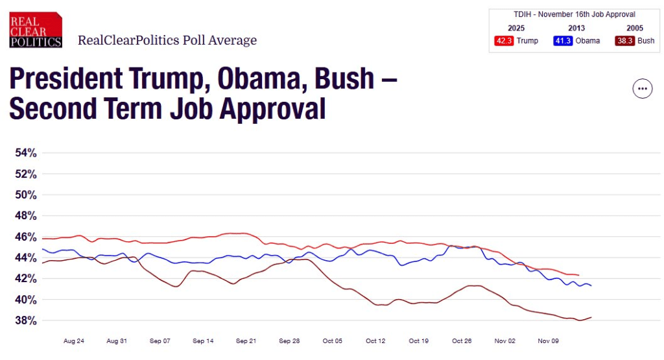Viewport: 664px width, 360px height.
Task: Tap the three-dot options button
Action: click(642, 89)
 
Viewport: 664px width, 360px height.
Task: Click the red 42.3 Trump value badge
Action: click(503, 41)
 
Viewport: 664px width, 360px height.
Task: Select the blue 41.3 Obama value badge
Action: click(563, 41)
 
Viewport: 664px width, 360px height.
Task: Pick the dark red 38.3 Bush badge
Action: click(625, 41)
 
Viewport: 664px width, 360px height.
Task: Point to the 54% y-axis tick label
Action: click(26, 153)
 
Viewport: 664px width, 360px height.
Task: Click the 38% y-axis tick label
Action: click(26, 320)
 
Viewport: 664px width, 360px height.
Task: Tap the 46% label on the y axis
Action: click(26, 237)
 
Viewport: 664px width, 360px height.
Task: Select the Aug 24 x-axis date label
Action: click(74, 341)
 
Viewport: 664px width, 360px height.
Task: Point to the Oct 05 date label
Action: click(333, 341)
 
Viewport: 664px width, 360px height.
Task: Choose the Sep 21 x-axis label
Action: click(246, 341)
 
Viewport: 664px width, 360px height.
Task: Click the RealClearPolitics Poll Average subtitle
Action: click(167, 40)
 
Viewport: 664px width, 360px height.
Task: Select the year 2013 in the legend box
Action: click(576, 28)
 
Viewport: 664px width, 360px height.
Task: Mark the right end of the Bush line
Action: click(591, 317)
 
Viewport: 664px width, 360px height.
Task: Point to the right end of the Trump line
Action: click(578, 275)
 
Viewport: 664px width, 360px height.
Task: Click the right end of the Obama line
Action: click(591, 285)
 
